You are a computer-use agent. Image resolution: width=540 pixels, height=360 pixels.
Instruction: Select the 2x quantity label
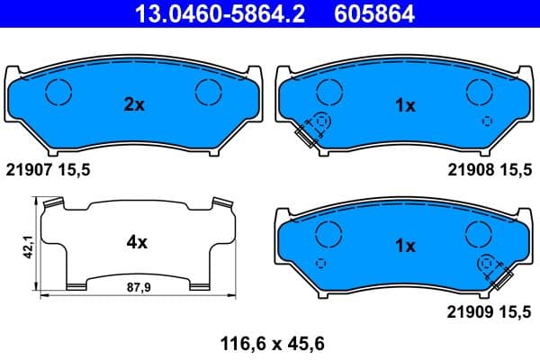[133, 105]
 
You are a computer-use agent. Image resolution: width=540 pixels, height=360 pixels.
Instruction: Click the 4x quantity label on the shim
[136, 242]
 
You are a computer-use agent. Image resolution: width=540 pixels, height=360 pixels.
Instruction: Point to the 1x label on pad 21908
[405, 105]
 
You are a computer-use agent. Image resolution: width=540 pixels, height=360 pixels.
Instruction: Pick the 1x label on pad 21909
[405, 245]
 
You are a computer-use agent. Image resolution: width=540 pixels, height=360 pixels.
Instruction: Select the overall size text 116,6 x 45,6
[270, 344]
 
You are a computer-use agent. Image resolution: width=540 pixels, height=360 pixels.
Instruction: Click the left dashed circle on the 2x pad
[58, 91]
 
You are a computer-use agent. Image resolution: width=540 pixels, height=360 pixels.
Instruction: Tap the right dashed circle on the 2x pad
[209, 91]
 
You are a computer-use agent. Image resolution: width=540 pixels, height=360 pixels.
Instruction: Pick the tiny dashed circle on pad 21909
[322, 262]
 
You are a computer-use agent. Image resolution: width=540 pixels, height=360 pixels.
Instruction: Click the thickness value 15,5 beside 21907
[76, 169]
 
